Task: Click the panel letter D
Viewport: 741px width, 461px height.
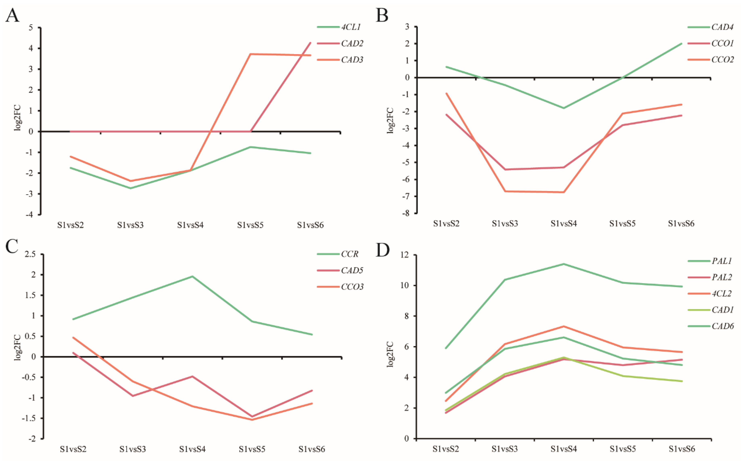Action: point(383,250)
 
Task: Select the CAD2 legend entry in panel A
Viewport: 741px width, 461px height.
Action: point(352,44)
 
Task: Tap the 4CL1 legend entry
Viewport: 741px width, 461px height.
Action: point(351,27)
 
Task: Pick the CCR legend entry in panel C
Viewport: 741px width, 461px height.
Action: point(349,254)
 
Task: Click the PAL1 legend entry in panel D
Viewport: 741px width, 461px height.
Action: point(721,261)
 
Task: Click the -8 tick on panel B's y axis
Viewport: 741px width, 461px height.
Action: point(406,213)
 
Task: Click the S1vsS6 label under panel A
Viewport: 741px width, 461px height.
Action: point(310,225)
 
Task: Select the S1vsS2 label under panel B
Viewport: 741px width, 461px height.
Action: point(446,224)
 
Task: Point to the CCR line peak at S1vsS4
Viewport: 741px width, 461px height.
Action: point(192,276)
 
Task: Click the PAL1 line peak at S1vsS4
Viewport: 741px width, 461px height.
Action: point(564,264)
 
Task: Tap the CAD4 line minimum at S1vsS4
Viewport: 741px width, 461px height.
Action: point(564,108)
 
